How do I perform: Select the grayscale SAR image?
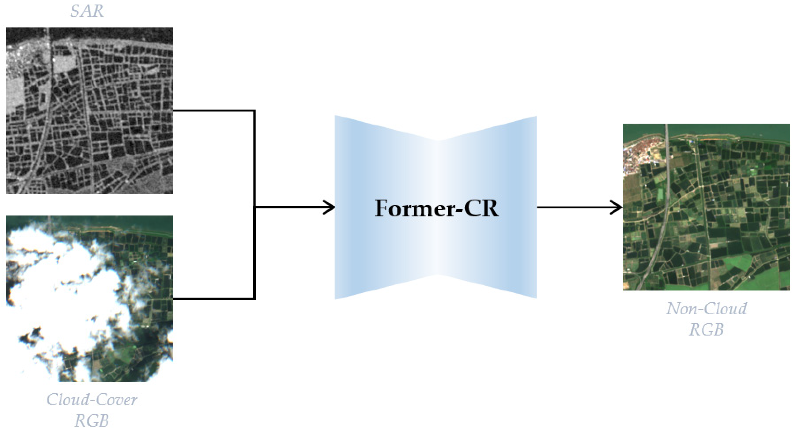click(89, 111)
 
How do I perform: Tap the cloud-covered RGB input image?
click(89, 299)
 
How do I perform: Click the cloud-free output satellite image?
click(706, 207)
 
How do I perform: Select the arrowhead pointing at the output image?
click(618, 207)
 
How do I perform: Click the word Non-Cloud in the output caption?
click(706, 309)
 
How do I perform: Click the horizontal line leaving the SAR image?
click(214, 111)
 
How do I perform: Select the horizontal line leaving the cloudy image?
click(214, 299)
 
